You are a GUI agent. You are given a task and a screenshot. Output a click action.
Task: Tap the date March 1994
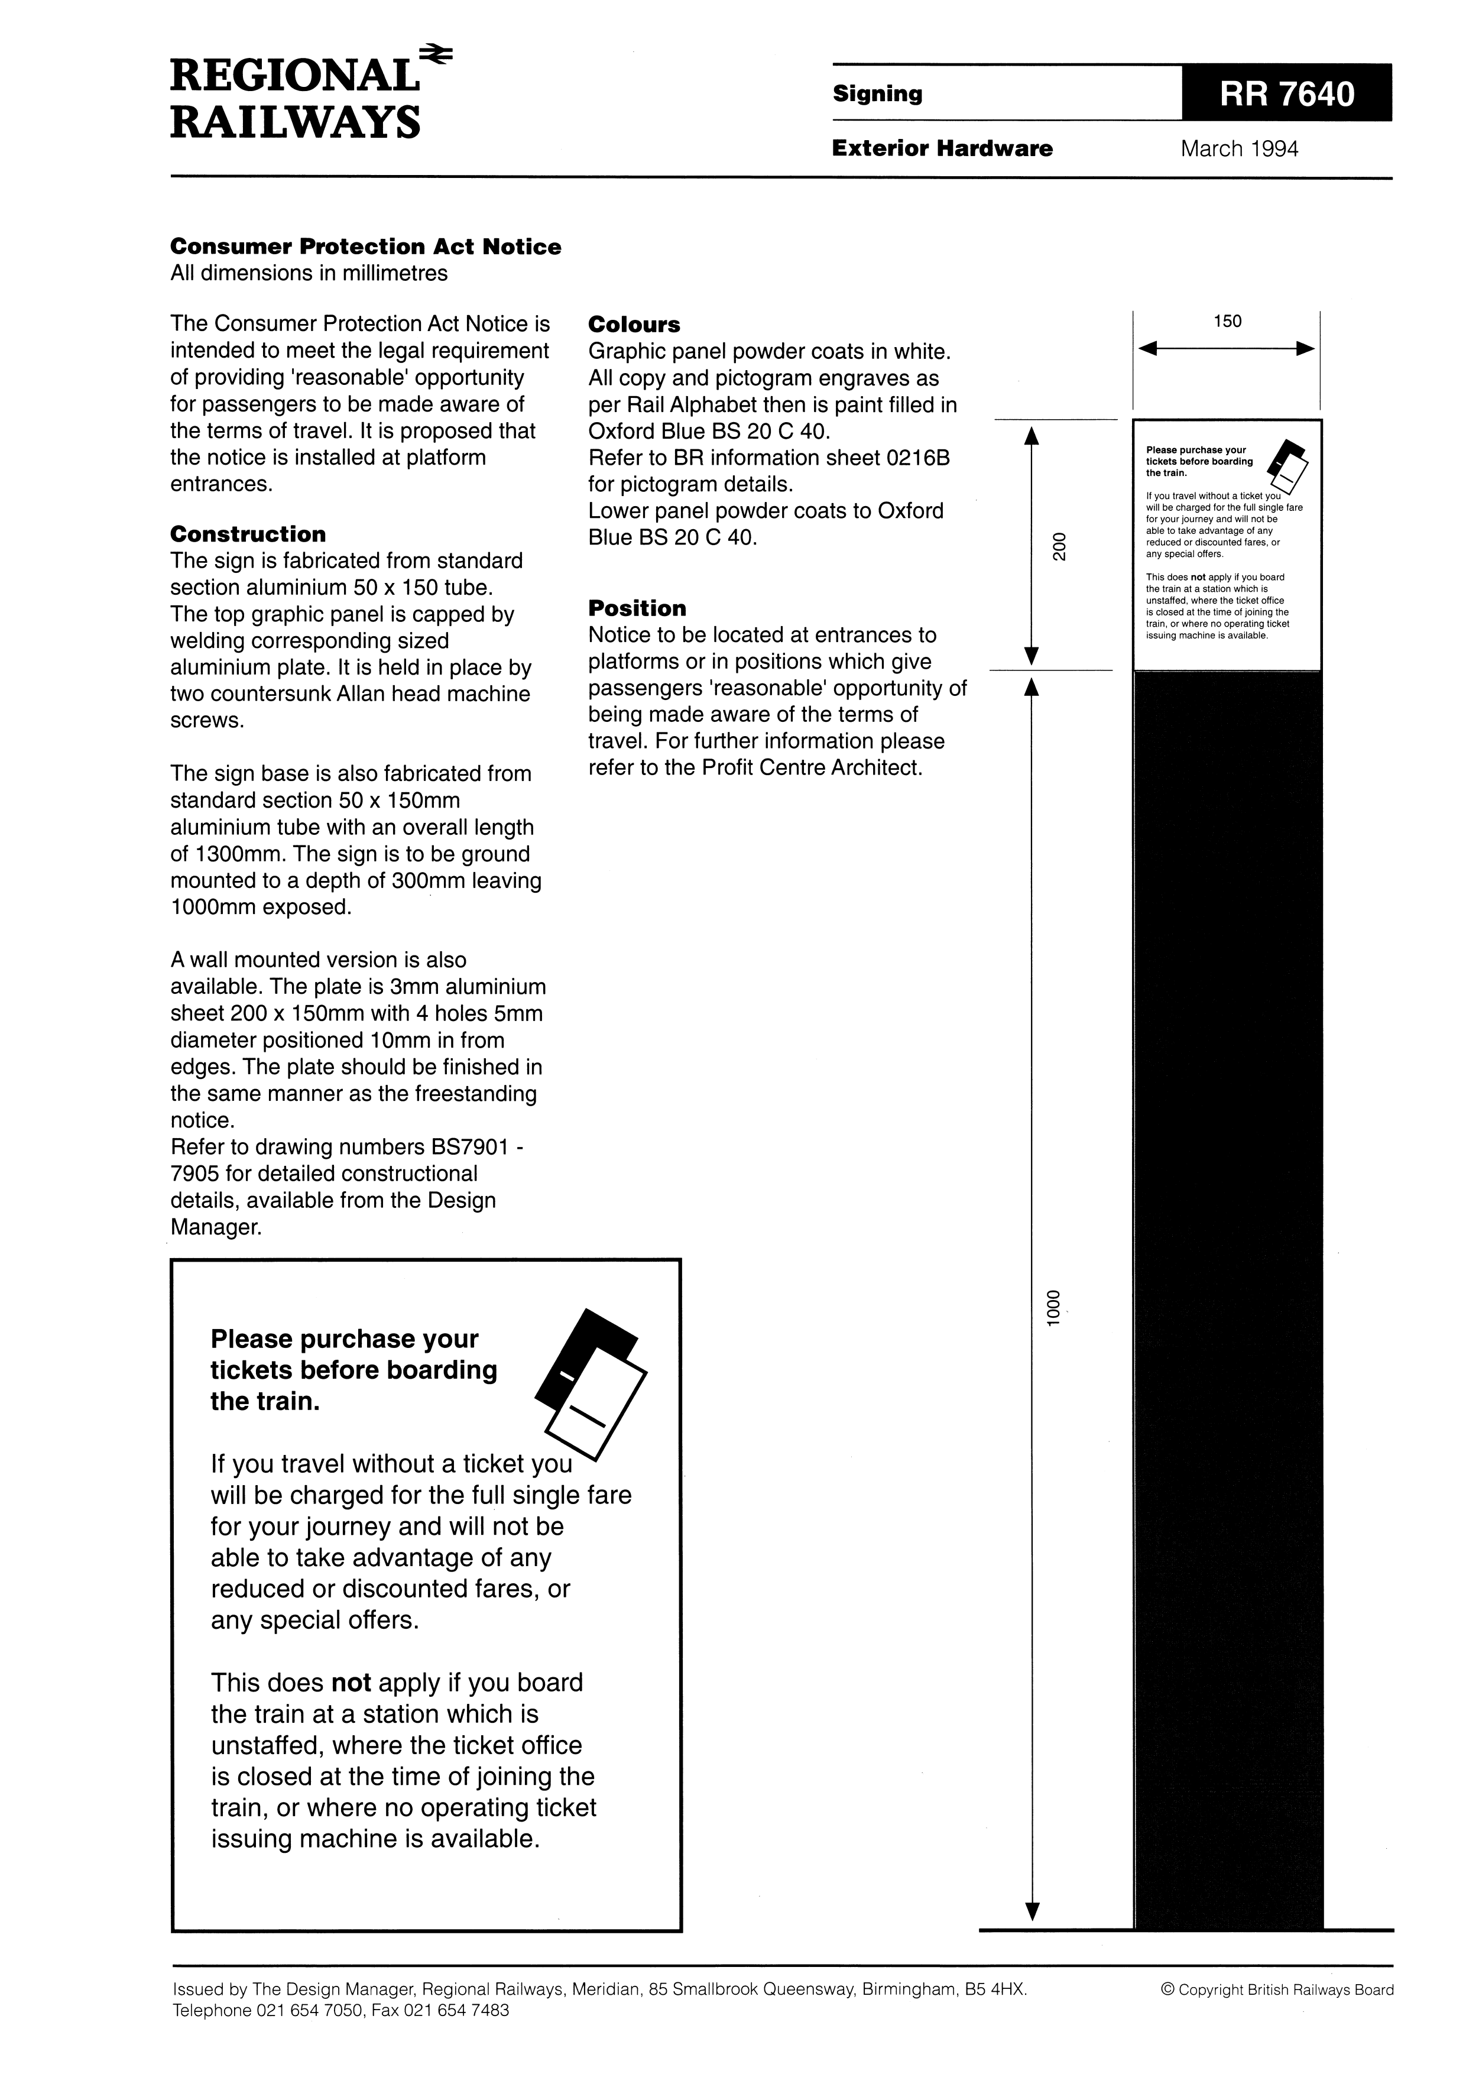1238,149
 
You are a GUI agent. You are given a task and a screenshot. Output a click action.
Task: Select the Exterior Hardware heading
942,148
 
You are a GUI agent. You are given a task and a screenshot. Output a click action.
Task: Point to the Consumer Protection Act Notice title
366,247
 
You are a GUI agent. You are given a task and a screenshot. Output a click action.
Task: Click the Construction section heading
248,534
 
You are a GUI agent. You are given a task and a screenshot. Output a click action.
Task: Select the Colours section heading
634,325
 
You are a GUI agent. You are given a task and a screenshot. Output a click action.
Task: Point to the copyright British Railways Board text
1277,1989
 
